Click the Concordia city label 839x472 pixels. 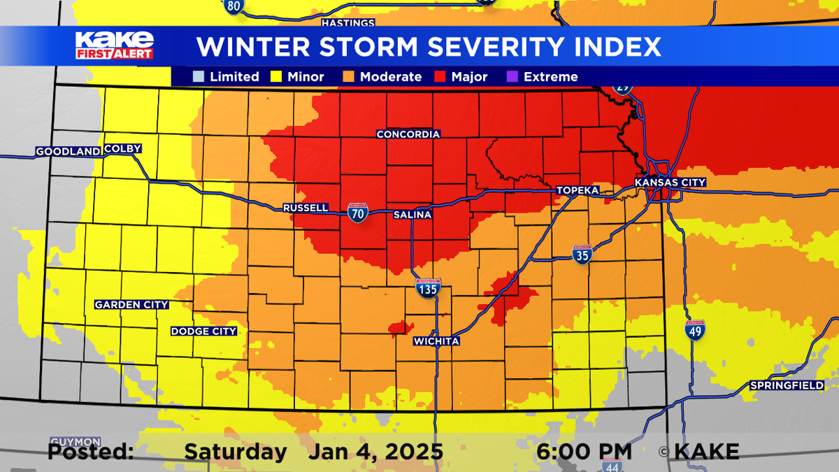408,134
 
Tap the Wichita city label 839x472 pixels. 436,341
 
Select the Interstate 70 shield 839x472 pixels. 358,213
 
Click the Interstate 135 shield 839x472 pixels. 428,287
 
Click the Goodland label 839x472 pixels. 68,152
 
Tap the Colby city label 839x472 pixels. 123,149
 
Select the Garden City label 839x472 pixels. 131,305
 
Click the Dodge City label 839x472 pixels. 204,331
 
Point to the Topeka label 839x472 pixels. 578,191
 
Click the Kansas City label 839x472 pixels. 670,183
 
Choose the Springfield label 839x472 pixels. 787,386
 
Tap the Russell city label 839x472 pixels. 306,208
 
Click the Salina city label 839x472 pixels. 413,215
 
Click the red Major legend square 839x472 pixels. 441,77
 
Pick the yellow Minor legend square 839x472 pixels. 276,77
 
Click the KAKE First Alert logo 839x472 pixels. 114,45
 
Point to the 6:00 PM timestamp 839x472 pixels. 584,452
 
